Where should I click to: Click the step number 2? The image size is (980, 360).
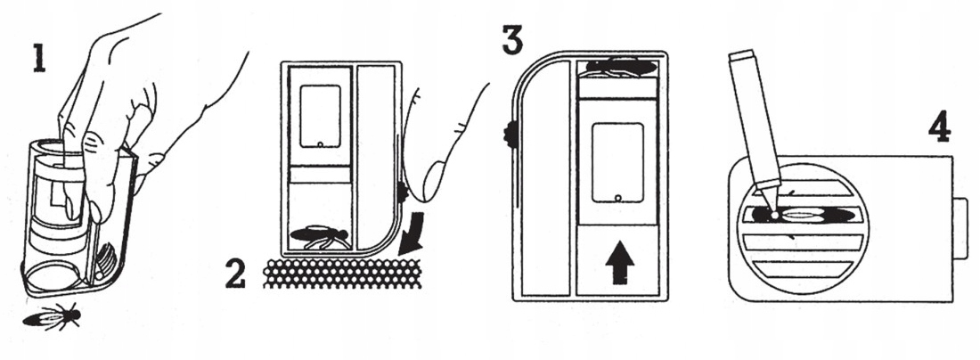pos(234,274)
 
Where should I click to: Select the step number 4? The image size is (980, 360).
pos(938,128)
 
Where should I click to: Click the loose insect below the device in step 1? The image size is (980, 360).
pos(55,315)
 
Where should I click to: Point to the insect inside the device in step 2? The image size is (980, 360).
pos(317,236)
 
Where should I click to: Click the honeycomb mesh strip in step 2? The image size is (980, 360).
pos(343,274)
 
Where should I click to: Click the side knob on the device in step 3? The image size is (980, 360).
pos(509,135)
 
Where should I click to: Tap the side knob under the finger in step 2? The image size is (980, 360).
pos(403,191)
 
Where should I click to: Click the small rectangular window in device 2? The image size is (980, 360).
pos(320,116)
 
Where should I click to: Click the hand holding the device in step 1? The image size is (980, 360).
pos(134,98)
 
